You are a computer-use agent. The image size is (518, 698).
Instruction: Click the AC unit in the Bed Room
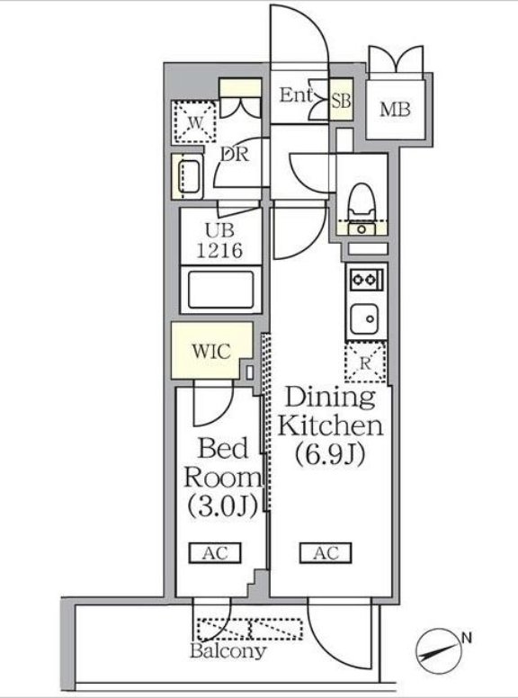tap(215, 553)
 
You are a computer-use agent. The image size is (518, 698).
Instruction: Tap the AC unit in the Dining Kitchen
tap(326, 553)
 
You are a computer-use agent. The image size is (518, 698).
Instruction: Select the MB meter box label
tap(395, 109)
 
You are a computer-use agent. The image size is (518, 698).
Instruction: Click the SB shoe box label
tap(342, 101)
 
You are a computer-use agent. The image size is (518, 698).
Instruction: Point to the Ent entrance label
tap(296, 94)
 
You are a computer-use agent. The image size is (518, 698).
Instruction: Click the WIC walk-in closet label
tap(211, 351)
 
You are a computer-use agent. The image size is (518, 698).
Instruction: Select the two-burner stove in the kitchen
tap(366, 280)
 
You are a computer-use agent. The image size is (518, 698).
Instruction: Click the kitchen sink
tap(364, 319)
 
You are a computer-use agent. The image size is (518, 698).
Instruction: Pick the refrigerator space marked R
tap(365, 362)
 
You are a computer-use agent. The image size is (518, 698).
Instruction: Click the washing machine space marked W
tap(194, 122)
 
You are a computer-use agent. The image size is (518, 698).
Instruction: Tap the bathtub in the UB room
tap(220, 290)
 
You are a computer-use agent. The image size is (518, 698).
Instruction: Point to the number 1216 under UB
tap(219, 251)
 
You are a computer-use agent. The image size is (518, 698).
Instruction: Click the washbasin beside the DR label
tap(189, 176)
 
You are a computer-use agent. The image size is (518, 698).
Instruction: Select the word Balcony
tap(228, 651)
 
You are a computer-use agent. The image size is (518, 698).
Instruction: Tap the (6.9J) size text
tap(330, 454)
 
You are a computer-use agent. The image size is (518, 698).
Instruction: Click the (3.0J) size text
tap(222, 506)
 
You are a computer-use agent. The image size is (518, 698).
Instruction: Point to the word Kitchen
tap(330, 425)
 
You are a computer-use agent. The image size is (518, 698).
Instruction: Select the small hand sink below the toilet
tap(362, 229)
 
